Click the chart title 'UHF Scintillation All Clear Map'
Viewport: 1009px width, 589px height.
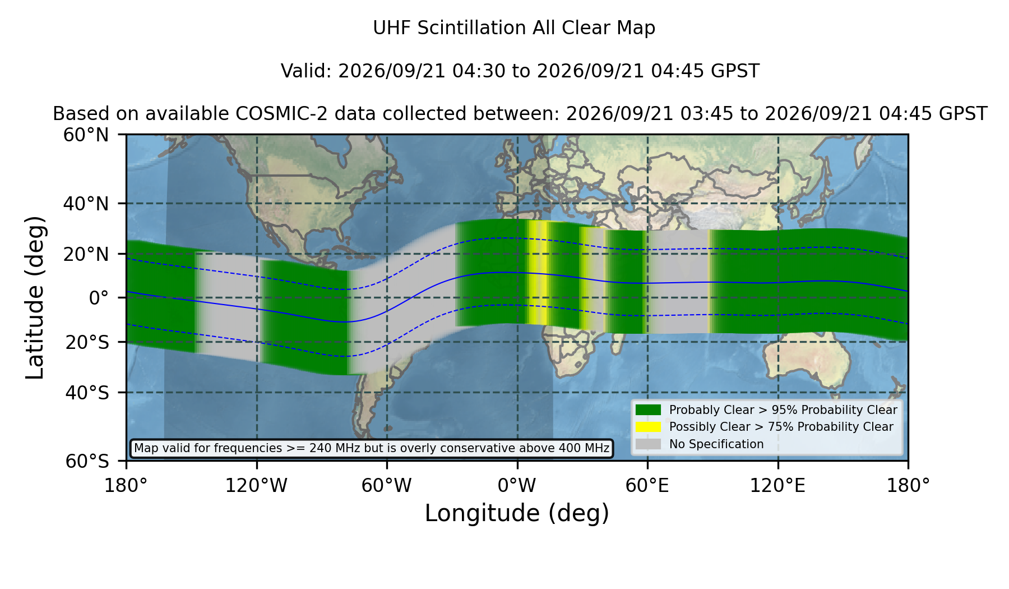click(x=514, y=28)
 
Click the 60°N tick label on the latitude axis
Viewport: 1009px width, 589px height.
click(x=86, y=135)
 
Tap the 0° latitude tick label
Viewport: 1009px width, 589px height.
click(x=99, y=298)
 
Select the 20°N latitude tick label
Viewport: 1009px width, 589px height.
click(x=86, y=254)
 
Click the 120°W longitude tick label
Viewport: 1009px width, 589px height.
click(x=256, y=486)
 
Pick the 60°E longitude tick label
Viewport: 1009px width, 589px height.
click(x=647, y=486)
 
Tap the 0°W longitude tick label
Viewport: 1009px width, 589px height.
click(x=517, y=486)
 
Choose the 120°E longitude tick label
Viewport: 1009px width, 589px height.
click(x=777, y=486)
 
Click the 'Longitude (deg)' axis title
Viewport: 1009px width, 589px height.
click(x=517, y=513)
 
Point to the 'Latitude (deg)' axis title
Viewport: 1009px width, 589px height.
click(x=35, y=297)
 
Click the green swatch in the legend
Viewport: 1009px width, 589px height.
click(x=649, y=410)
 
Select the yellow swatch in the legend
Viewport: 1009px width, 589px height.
click(x=649, y=427)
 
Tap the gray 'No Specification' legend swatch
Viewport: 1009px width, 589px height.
click(x=649, y=444)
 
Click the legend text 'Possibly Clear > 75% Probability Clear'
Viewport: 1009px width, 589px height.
click(x=781, y=427)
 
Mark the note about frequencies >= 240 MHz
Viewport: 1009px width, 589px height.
click(x=372, y=448)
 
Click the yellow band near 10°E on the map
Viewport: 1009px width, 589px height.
click(x=537, y=273)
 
